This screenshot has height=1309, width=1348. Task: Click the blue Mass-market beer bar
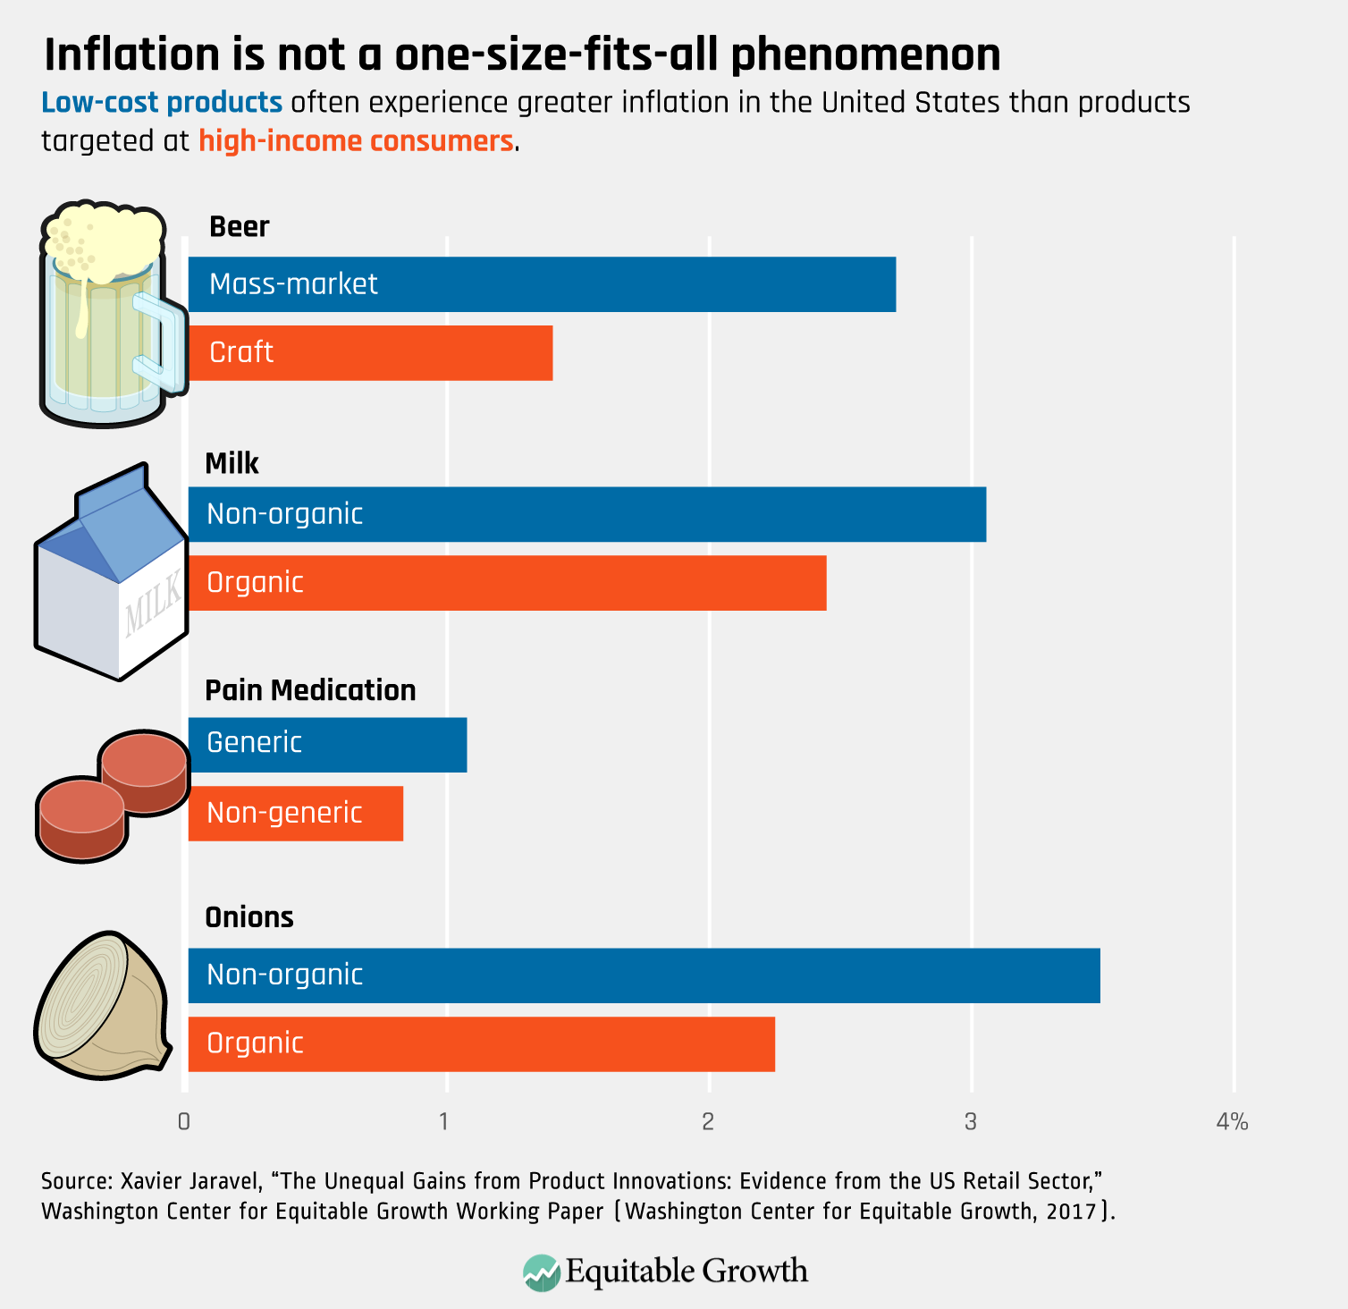[542, 284]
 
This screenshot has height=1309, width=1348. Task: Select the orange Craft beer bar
[370, 353]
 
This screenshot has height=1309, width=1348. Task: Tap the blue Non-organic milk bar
[587, 514]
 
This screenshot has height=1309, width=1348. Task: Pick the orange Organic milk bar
[507, 583]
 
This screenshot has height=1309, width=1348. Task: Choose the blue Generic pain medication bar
[327, 745]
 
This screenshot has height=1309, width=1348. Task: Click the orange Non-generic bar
[296, 814]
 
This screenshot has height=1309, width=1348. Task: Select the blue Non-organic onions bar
[644, 975]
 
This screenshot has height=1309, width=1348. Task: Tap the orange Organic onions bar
[481, 1044]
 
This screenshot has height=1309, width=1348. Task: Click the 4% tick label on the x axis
[1232, 1121]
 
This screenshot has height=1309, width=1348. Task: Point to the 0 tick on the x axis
[184, 1121]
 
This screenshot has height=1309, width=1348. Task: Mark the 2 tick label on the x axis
[708, 1121]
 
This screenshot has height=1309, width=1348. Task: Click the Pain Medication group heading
[310, 690]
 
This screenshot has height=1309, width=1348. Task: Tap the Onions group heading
[249, 917]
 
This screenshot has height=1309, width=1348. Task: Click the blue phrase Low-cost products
[162, 103]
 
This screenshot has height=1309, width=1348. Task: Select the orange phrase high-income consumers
[356, 141]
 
